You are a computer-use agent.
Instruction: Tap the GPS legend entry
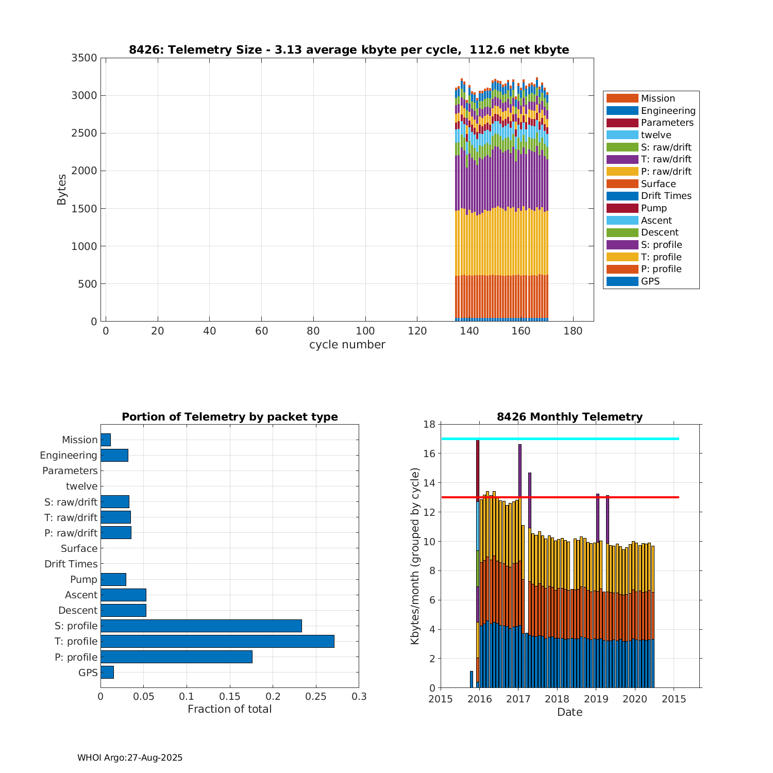pyautogui.click(x=650, y=281)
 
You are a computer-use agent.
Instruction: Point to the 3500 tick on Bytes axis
pyautogui.click(x=84, y=58)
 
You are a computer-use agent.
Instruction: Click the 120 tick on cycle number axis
pyautogui.click(x=417, y=331)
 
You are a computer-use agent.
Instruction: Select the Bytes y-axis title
pyautogui.click(x=62, y=190)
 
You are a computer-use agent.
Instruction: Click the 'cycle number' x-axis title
pyautogui.click(x=347, y=345)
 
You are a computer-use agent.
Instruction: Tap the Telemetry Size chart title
pyautogui.click(x=349, y=50)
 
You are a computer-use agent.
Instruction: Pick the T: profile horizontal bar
pyautogui.click(x=217, y=641)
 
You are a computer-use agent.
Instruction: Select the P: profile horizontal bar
pyautogui.click(x=176, y=657)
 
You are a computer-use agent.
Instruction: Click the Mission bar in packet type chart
pyautogui.click(x=106, y=440)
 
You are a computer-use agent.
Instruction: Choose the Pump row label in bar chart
pyautogui.click(x=83, y=579)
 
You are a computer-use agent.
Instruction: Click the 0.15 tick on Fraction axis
pyautogui.click(x=230, y=697)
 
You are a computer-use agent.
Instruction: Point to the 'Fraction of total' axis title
pyautogui.click(x=229, y=709)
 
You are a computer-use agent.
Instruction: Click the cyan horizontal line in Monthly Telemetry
pyautogui.click(x=560, y=439)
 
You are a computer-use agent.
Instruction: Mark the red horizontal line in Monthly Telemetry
pyautogui.click(x=560, y=497)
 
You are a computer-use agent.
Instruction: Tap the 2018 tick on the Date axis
pyautogui.click(x=557, y=699)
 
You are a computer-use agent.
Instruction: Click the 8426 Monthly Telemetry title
pyautogui.click(x=569, y=417)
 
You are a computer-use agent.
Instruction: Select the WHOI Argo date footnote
pyautogui.click(x=130, y=758)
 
